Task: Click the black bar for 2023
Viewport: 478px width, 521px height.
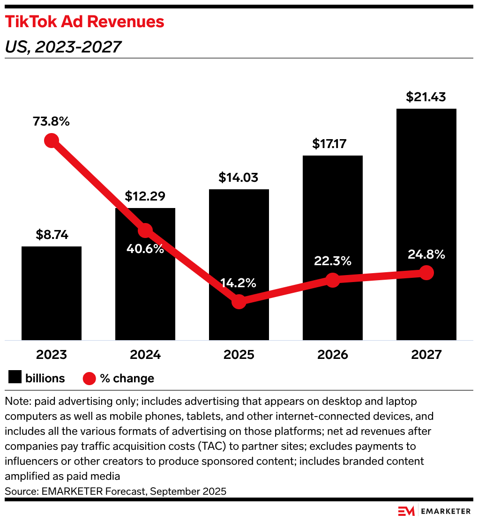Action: [52, 293]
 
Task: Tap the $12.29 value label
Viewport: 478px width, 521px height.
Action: [145, 196]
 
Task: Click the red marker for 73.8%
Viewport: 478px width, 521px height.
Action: [51, 140]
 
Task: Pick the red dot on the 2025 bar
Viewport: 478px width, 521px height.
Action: [239, 302]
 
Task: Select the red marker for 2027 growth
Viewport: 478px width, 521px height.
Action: [426, 273]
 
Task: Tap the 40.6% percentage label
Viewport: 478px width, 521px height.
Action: [145, 249]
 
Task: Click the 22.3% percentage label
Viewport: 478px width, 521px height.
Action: [333, 261]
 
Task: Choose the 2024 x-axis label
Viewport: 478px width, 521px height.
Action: [145, 354]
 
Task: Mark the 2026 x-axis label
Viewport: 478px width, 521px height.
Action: [333, 354]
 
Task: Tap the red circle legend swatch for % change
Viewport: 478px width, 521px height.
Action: [90, 378]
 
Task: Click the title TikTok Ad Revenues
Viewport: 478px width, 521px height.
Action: [84, 22]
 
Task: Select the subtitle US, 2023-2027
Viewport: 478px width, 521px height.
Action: [63, 47]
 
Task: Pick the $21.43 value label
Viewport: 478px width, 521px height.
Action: [426, 97]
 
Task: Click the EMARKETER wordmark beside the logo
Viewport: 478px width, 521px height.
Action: [446, 511]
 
